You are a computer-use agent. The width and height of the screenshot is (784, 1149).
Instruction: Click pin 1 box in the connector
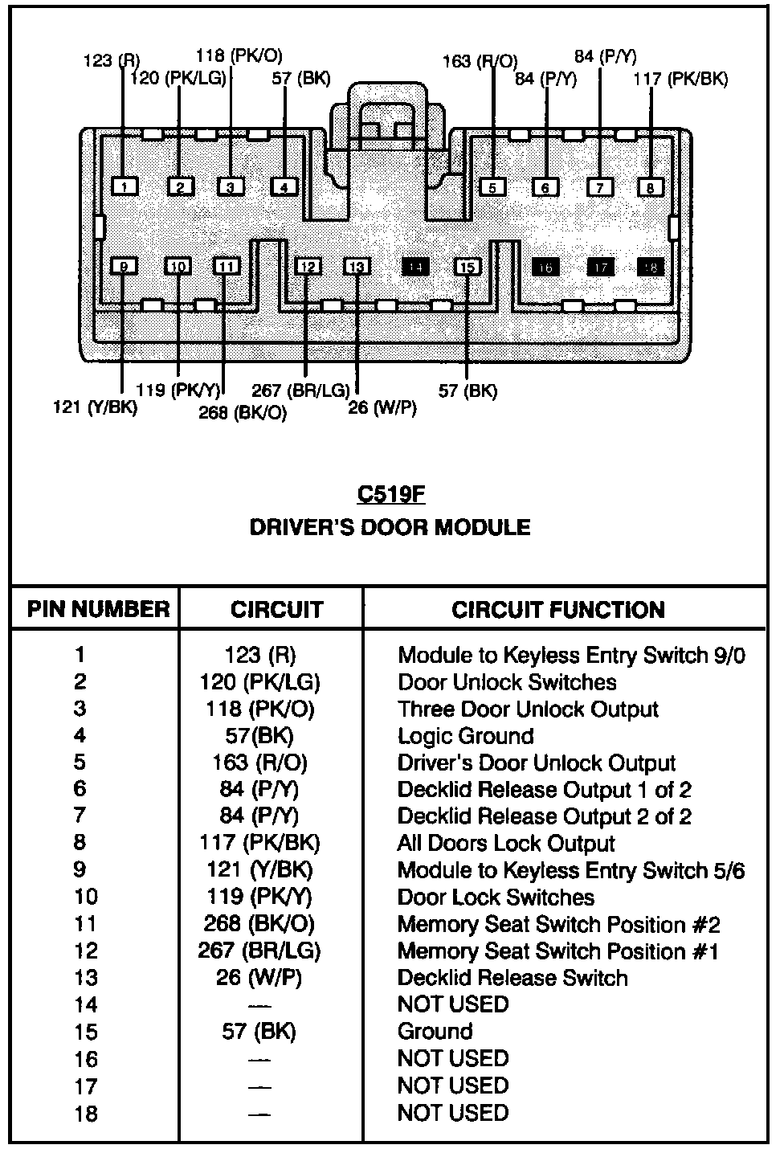coord(125,187)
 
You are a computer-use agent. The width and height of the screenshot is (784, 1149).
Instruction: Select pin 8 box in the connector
coord(651,188)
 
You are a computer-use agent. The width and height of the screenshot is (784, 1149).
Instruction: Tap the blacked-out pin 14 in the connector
coord(414,267)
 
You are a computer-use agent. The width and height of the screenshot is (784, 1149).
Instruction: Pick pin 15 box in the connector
coord(468,267)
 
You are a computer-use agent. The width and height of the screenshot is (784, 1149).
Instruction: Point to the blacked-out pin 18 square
coord(651,267)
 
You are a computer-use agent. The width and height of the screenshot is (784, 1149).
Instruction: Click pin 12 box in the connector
coord(308,267)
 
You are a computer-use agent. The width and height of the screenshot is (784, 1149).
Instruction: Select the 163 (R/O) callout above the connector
coord(480,61)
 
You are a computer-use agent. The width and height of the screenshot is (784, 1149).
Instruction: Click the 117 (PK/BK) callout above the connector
coord(680,79)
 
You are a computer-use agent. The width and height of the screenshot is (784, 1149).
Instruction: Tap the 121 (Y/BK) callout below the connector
coord(95,407)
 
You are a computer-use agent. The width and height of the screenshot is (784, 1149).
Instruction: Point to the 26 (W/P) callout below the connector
coord(382,407)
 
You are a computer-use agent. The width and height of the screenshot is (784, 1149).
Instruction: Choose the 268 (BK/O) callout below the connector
coord(242,413)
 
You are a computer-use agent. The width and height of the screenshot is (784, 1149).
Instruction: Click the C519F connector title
coord(390,493)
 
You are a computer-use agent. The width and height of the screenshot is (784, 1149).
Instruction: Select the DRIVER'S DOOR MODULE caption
coord(390,527)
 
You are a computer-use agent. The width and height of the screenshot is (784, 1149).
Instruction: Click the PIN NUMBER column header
coord(98,609)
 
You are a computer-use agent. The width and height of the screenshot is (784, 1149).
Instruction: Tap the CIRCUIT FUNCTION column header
coord(557,610)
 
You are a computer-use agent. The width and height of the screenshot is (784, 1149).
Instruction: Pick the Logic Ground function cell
coord(465,736)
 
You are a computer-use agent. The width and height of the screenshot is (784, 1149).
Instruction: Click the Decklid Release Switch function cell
coord(512,978)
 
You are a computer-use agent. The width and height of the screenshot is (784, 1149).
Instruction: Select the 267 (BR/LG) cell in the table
coord(259,951)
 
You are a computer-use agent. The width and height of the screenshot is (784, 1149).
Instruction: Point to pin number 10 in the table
coord(85,898)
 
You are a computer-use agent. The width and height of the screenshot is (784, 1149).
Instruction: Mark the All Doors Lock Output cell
coord(505,844)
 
